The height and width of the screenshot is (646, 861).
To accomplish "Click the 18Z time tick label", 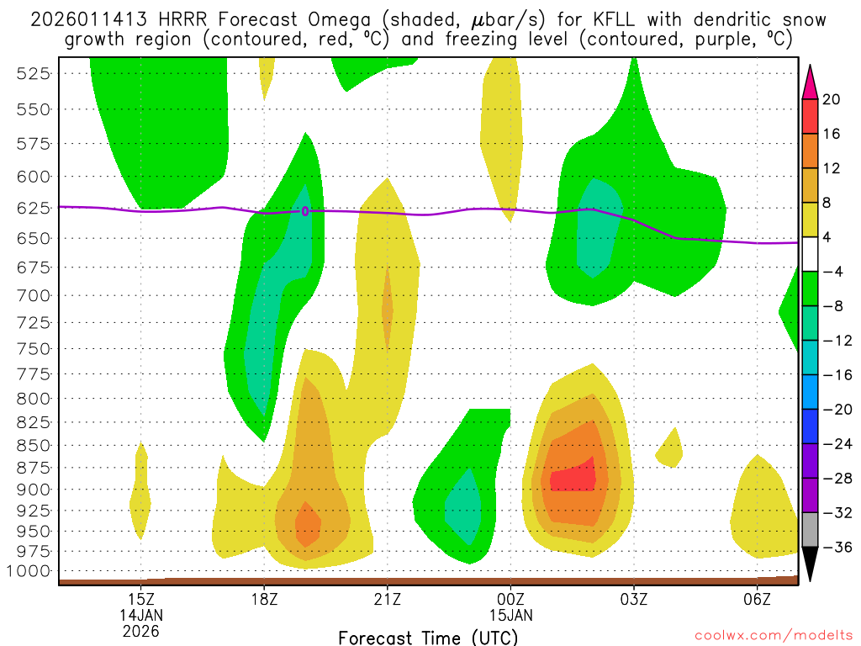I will pyautogui.click(x=264, y=599).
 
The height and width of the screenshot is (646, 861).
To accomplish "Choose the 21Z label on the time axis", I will pyautogui.click(x=387, y=599).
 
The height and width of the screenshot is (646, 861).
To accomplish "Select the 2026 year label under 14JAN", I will pyautogui.click(x=140, y=630).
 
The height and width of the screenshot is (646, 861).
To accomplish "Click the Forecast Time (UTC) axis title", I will pyautogui.click(x=429, y=638).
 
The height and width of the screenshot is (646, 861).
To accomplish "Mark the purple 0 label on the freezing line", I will pyautogui.click(x=305, y=211).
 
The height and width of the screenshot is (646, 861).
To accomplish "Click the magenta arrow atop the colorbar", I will pyautogui.click(x=811, y=82).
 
